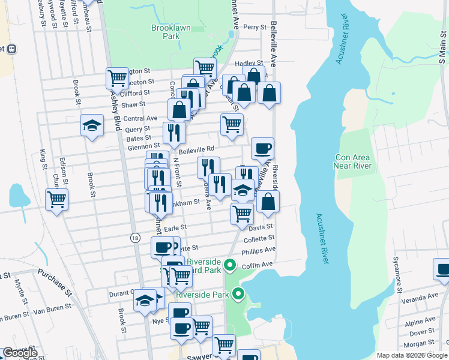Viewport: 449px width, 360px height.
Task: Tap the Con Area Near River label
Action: [354, 161]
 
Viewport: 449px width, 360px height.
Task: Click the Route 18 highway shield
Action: [136, 238]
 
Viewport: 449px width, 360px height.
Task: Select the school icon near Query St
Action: [91, 126]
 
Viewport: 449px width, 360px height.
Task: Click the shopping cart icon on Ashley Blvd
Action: [117, 77]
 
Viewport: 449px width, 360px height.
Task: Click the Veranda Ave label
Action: [421, 297]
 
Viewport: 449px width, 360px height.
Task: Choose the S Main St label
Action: [442, 50]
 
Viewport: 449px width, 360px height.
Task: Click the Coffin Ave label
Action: [258, 265]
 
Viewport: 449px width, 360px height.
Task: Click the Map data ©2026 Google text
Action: [411, 355]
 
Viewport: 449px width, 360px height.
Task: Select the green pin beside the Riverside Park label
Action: [238, 293]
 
